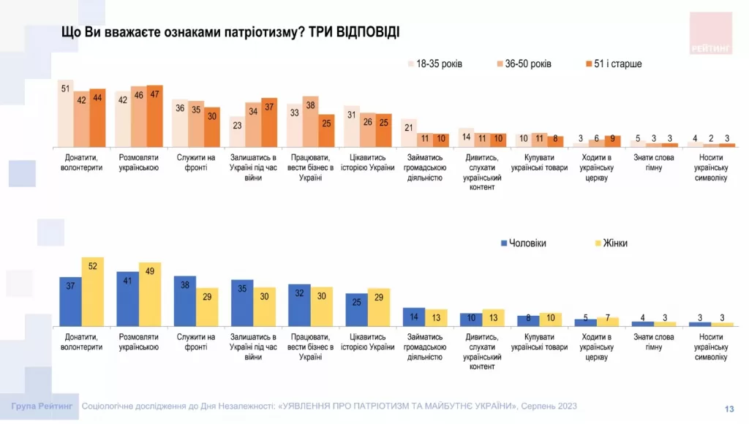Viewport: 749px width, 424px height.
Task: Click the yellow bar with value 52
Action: click(x=92, y=291)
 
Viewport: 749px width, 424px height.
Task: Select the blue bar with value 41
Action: click(x=127, y=298)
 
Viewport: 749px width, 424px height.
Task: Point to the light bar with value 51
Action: click(x=65, y=113)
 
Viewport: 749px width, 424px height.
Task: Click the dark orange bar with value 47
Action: click(x=154, y=116)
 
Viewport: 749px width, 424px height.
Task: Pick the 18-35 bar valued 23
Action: click(x=236, y=132)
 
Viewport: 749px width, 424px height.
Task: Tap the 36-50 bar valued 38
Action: click(x=310, y=121)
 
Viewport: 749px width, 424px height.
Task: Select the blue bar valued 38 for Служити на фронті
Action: click(x=184, y=300)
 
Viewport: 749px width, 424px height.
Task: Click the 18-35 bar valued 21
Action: click(x=408, y=132)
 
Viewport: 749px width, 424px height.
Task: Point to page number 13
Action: click(x=729, y=409)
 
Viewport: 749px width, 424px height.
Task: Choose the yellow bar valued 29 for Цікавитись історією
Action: click(x=379, y=306)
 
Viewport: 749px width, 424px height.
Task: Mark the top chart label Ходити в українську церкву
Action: click(x=596, y=167)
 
